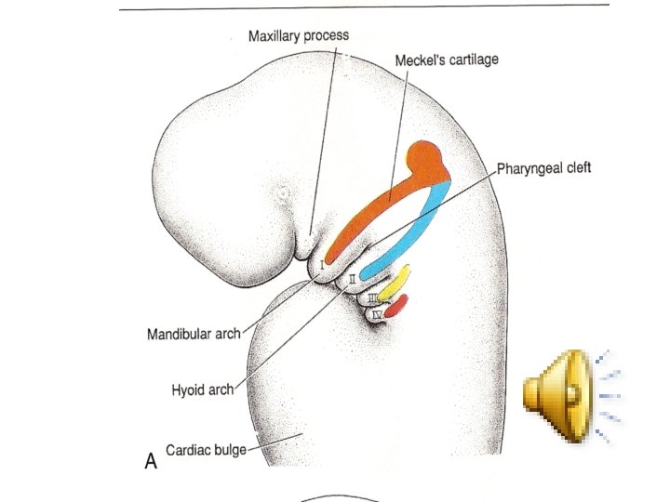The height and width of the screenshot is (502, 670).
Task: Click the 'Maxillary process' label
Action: pos(299,36)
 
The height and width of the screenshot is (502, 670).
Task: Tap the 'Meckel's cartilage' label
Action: pos(447,59)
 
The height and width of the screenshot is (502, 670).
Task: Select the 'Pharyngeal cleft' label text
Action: pos(544,168)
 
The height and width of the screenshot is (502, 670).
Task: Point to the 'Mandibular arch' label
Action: pos(194,334)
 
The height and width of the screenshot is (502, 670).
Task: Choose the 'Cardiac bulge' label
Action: pos(206,450)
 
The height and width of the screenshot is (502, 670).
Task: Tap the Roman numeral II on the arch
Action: pos(352,278)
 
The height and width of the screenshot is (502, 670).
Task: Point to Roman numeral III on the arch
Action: pos(370,297)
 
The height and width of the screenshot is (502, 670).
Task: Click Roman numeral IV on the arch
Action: pos(377,314)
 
